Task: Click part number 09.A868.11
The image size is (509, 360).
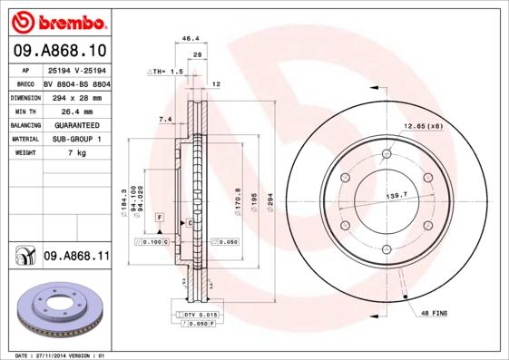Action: point(76,257)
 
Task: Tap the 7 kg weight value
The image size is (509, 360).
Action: point(76,153)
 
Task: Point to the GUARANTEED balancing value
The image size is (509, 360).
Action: point(76,124)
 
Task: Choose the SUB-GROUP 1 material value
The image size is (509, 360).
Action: point(76,139)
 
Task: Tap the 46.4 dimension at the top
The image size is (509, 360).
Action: point(191,39)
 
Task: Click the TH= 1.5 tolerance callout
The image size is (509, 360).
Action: point(168,70)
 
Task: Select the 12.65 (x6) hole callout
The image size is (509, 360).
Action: point(423,125)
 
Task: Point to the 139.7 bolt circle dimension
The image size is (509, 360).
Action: point(396,195)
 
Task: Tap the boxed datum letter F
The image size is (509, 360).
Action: point(158,219)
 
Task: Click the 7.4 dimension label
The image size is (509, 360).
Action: point(165,119)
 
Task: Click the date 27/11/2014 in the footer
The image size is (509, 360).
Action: point(61,355)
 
